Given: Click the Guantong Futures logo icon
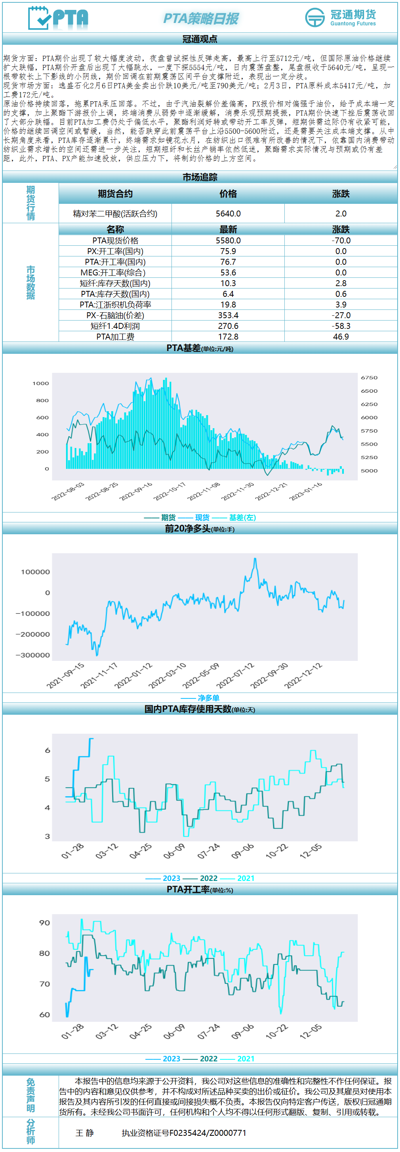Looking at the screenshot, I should click(x=315, y=17).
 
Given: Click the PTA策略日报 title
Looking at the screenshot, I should click(x=200, y=18).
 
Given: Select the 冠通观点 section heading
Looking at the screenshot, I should click(x=200, y=39).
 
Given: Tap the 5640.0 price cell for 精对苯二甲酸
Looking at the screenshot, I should click(x=228, y=214).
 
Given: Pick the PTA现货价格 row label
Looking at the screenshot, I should click(x=115, y=241).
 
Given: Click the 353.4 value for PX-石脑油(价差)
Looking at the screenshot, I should click(x=228, y=315).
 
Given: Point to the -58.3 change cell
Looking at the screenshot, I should click(x=341, y=326).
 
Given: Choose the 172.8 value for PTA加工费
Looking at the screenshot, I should click(x=228, y=337).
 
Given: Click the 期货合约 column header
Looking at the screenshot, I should click(x=115, y=194).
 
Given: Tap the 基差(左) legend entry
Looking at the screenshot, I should click(x=242, y=517).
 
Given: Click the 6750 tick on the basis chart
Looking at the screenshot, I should click(x=369, y=378).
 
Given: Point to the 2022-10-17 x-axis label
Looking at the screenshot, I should click(x=170, y=492).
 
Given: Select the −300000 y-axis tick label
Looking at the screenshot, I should click(x=32, y=655).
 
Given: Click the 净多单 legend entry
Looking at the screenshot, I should click(x=208, y=698).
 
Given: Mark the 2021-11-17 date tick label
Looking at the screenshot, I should click(x=99, y=675).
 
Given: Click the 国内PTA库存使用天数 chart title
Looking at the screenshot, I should click(x=187, y=709).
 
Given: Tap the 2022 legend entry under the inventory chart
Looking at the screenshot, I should click(x=208, y=878).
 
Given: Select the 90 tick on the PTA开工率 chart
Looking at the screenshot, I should click(x=45, y=922).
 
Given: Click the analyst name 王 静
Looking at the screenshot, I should click(x=85, y=1133).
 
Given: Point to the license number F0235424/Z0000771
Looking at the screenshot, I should click(x=183, y=1133).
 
